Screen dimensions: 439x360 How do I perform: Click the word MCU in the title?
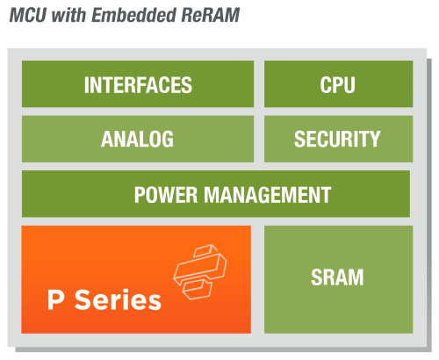pos(28,15)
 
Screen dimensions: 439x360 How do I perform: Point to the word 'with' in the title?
pos(68,15)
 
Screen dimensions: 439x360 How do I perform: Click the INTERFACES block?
pos(138,84)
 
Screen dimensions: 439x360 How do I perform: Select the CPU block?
pos(338,84)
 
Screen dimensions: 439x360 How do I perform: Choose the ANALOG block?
pos(138,139)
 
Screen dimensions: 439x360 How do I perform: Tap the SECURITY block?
pos(338,139)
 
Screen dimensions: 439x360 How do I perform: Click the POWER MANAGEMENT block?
pos(216,194)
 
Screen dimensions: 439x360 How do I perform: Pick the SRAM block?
pos(338,279)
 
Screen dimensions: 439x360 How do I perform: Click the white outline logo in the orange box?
pos(200,272)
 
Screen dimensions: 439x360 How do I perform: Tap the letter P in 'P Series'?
pos(55,299)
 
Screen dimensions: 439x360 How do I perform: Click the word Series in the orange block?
pos(118,299)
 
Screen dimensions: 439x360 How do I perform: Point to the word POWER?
pos(166,195)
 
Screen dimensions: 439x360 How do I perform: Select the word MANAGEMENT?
pos(267,195)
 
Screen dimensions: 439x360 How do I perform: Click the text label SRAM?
pos(337,277)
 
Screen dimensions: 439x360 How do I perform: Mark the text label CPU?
pos(337,85)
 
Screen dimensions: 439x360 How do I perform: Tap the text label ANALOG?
pos(137,139)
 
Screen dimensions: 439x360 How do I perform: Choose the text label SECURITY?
pos(337,139)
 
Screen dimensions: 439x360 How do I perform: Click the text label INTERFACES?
pos(138,85)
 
